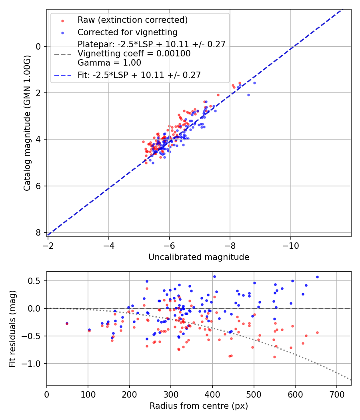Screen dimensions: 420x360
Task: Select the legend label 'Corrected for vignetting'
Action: pos(128,32)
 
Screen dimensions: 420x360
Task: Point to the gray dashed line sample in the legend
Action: pos(62,54)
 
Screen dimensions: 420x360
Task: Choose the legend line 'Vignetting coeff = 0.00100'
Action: pos(134,54)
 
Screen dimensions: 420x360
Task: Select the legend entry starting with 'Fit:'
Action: pos(139,75)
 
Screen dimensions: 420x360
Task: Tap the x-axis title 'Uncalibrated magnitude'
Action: pos(199,257)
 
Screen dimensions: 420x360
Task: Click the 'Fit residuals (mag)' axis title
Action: pos(12,328)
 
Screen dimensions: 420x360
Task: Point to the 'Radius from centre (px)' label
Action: pos(199,406)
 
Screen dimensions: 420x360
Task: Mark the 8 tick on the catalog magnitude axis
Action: pos(38,232)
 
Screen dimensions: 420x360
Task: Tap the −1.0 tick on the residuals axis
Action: pos(34,364)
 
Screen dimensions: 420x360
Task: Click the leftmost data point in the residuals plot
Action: pos(67,323)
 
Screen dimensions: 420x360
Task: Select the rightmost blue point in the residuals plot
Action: pos(317,277)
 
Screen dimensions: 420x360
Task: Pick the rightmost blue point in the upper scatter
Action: pos(254,83)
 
